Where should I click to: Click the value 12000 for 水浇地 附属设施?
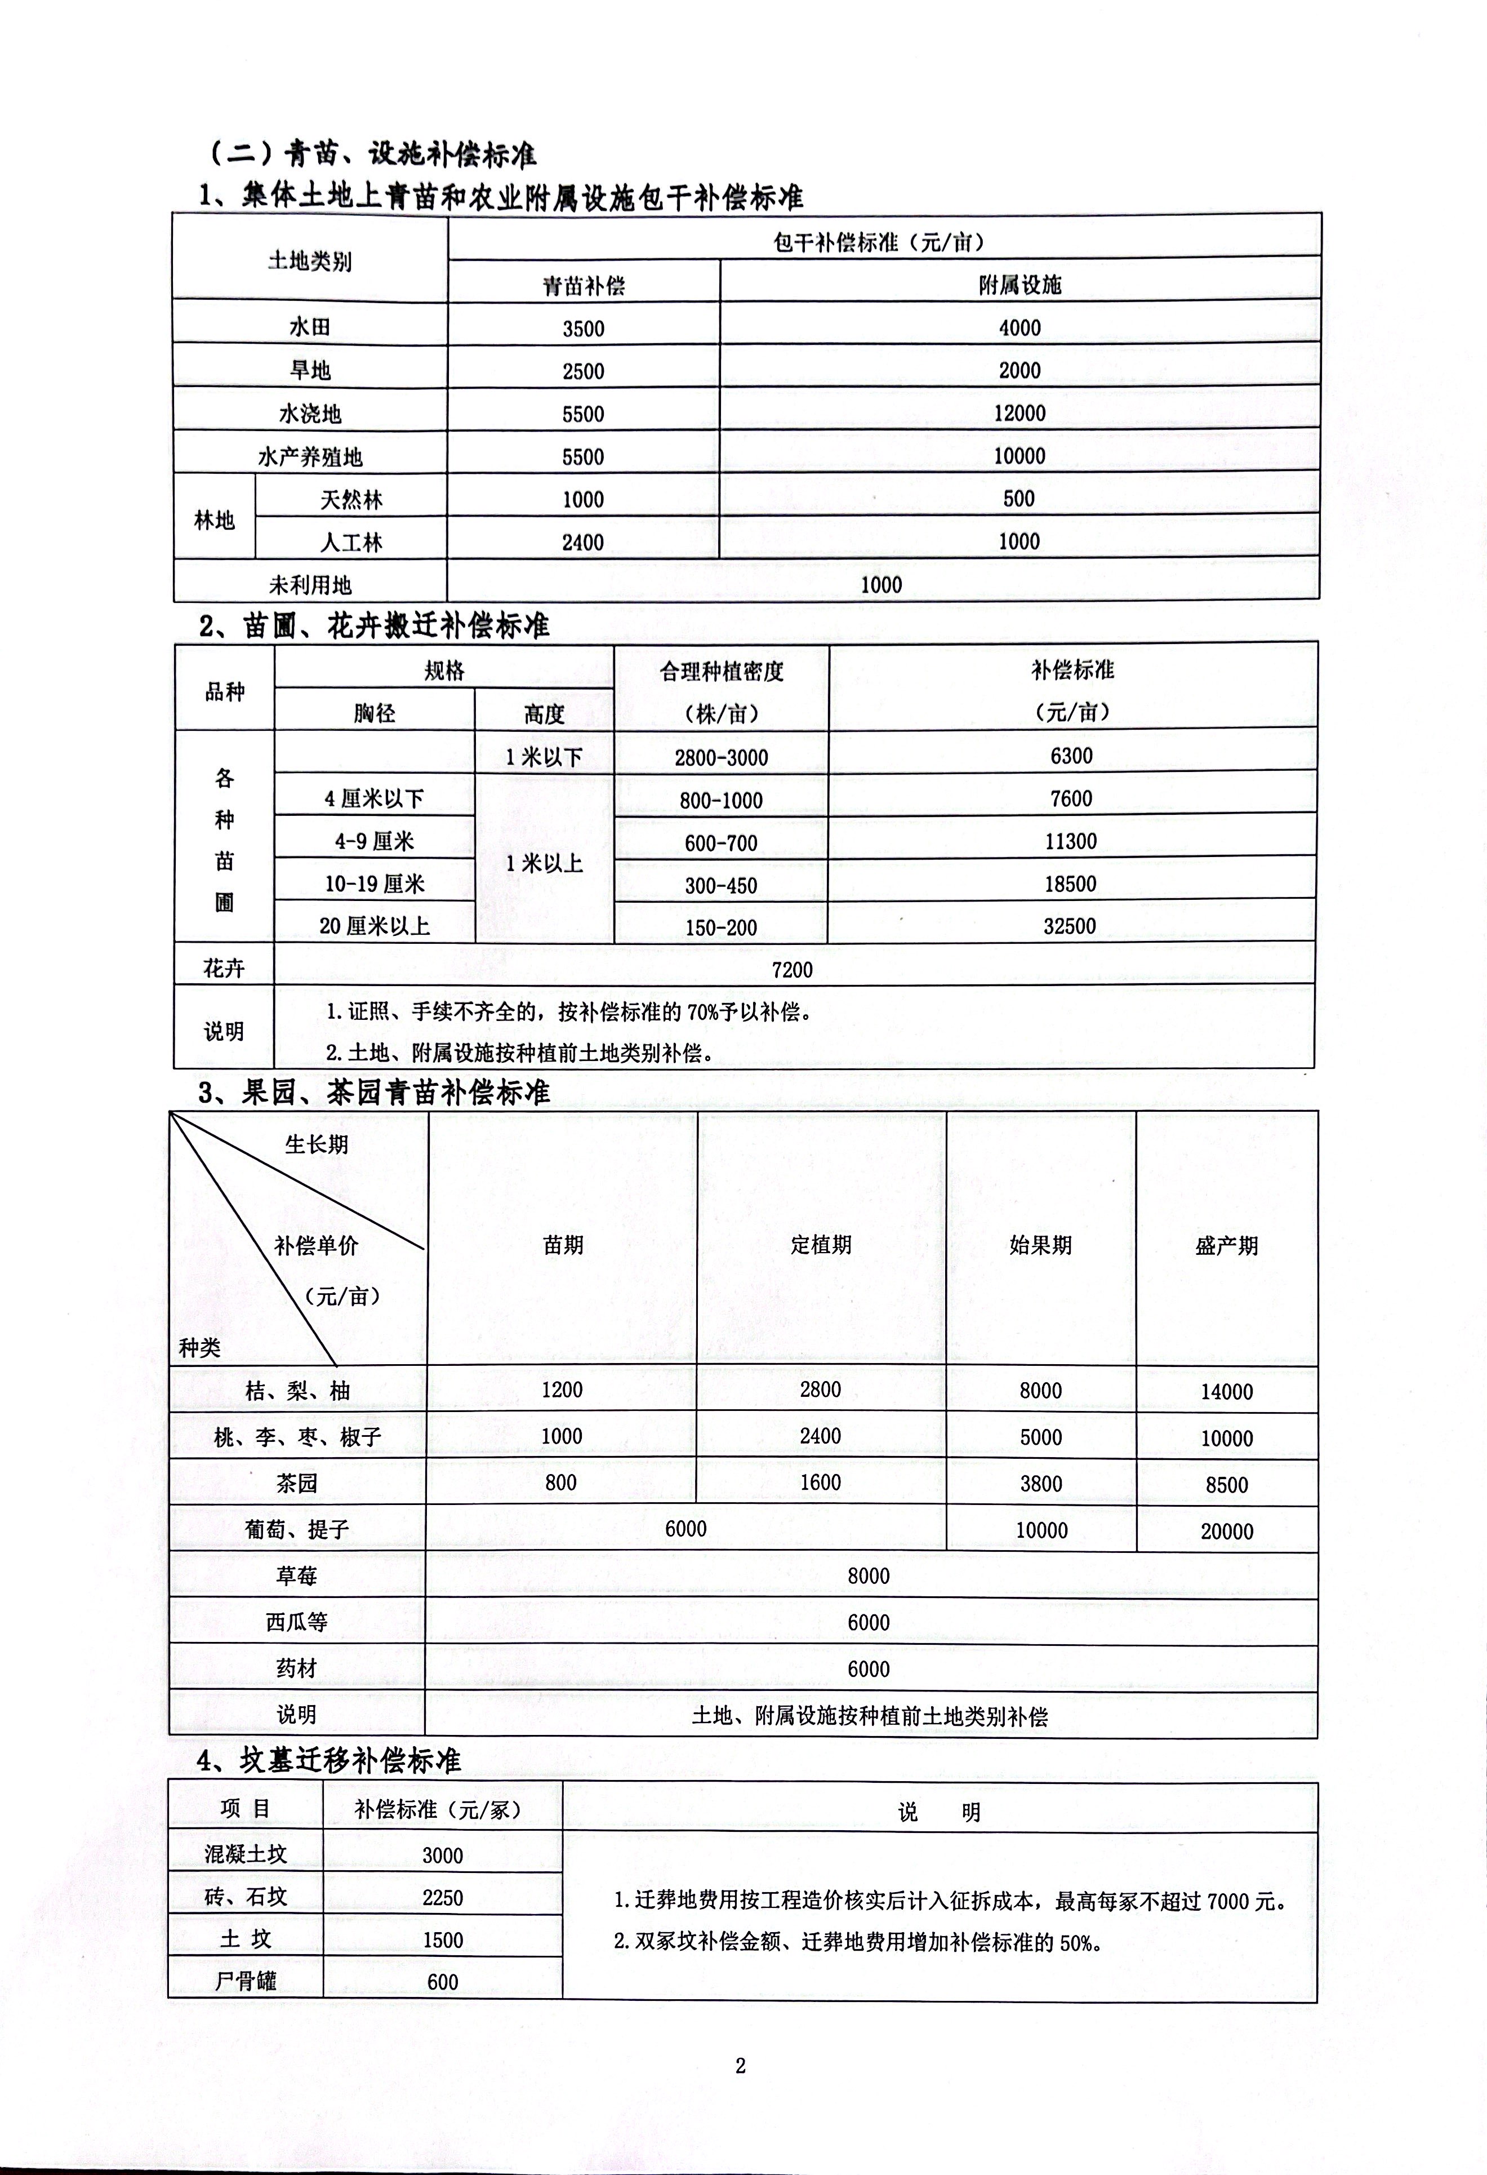(x=1019, y=412)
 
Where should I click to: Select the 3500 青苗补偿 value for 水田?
(x=583, y=329)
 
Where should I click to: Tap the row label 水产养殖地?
(x=310, y=457)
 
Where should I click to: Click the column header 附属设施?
(x=1019, y=286)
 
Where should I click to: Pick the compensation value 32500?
(x=1070, y=926)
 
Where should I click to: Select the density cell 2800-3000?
(x=720, y=757)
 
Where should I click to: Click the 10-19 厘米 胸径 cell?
(x=375, y=884)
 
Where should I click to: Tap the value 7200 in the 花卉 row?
(x=792, y=970)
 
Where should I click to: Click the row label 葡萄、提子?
(x=297, y=1529)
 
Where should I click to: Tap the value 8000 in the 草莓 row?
(x=869, y=1576)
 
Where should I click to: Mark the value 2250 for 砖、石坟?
(x=443, y=1897)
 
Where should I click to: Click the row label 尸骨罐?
(x=245, y=1981)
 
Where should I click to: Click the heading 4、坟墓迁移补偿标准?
(x=330, y=1760)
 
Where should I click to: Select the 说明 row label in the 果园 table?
(x=297, y=1715)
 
